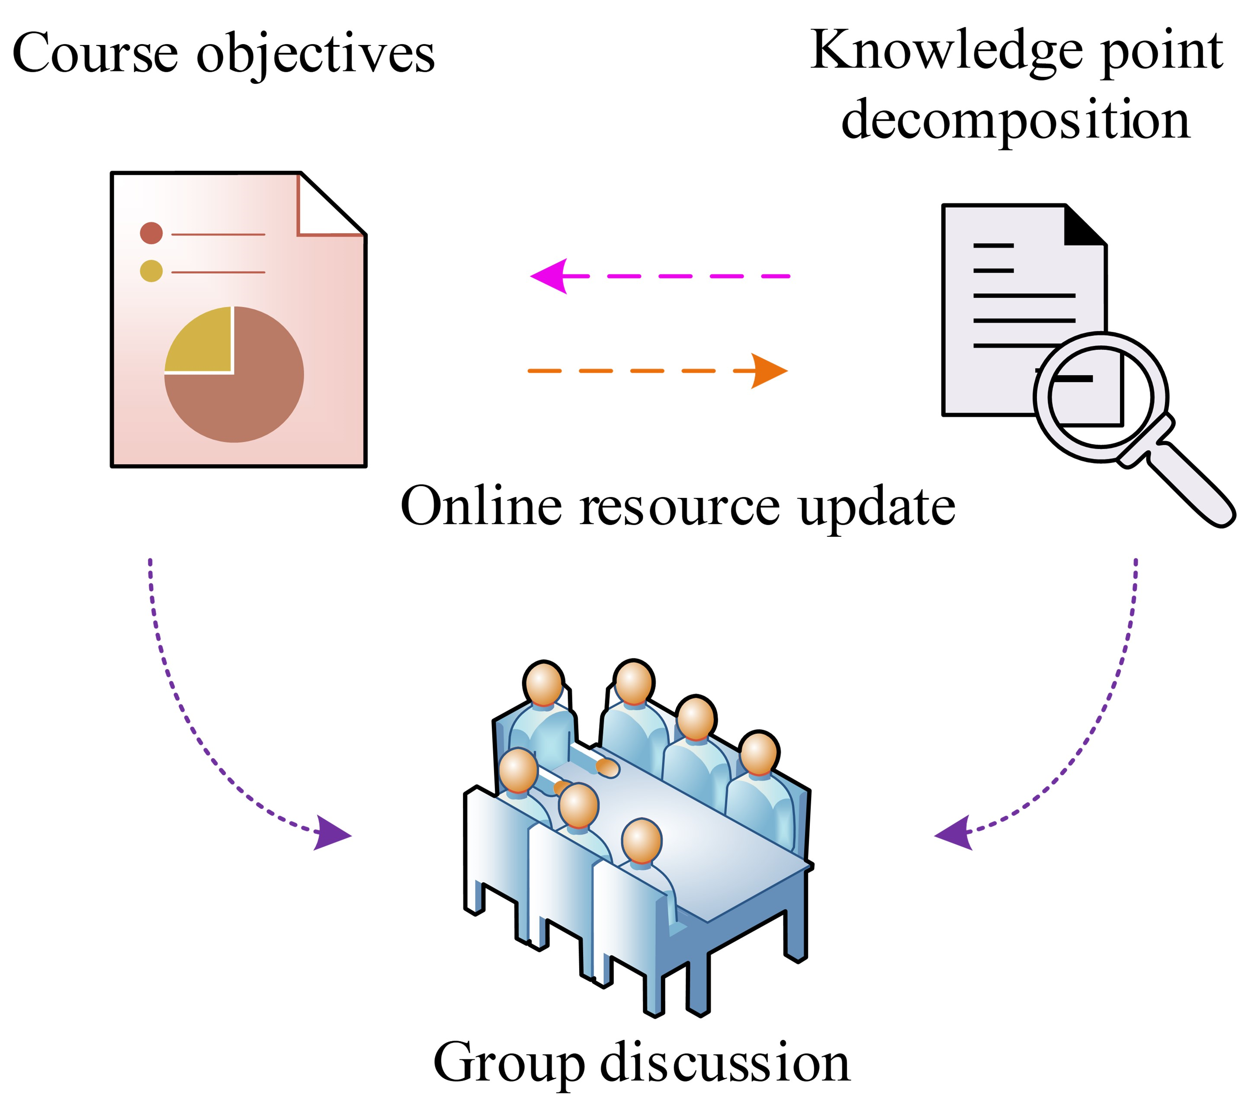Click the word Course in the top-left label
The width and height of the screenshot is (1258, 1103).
click(x=96, y=54)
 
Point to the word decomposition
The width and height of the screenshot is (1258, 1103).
click(x=1015, y=120)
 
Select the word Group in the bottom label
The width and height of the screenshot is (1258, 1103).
click(x=509, y=1064)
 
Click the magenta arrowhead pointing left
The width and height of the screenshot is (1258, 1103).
click(x=549, y=276)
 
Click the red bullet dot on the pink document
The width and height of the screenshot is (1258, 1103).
click(x=151, y=233)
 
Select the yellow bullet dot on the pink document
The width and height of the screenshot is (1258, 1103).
click(x=151, y=271)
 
